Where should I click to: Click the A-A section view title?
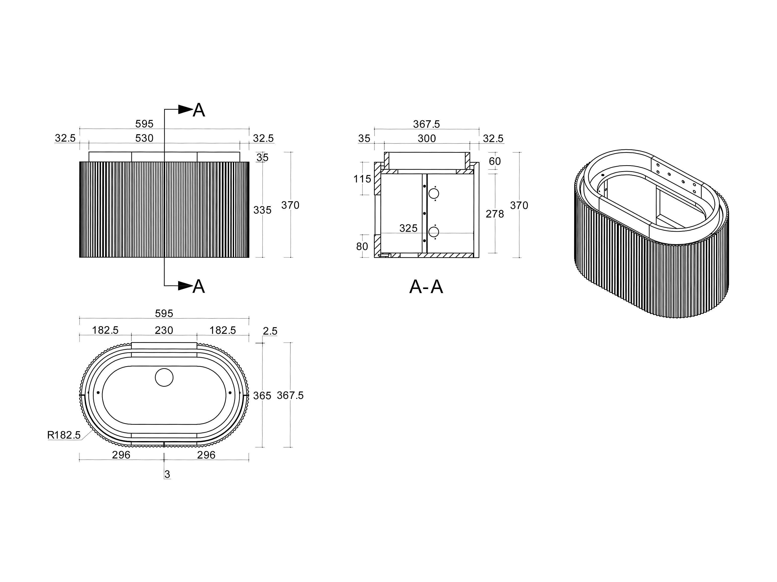(x=426, y=287)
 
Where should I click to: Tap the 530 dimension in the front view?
(x=144, y=138)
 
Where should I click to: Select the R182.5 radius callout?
(x=64, y=435)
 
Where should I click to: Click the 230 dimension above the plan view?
(x=164, y=330)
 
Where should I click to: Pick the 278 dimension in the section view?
(x=495, y=214)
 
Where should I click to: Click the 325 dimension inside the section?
(x=408, y=228)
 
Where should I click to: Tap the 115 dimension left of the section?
(x=362, y=179)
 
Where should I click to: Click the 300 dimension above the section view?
(x=427, y=139)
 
